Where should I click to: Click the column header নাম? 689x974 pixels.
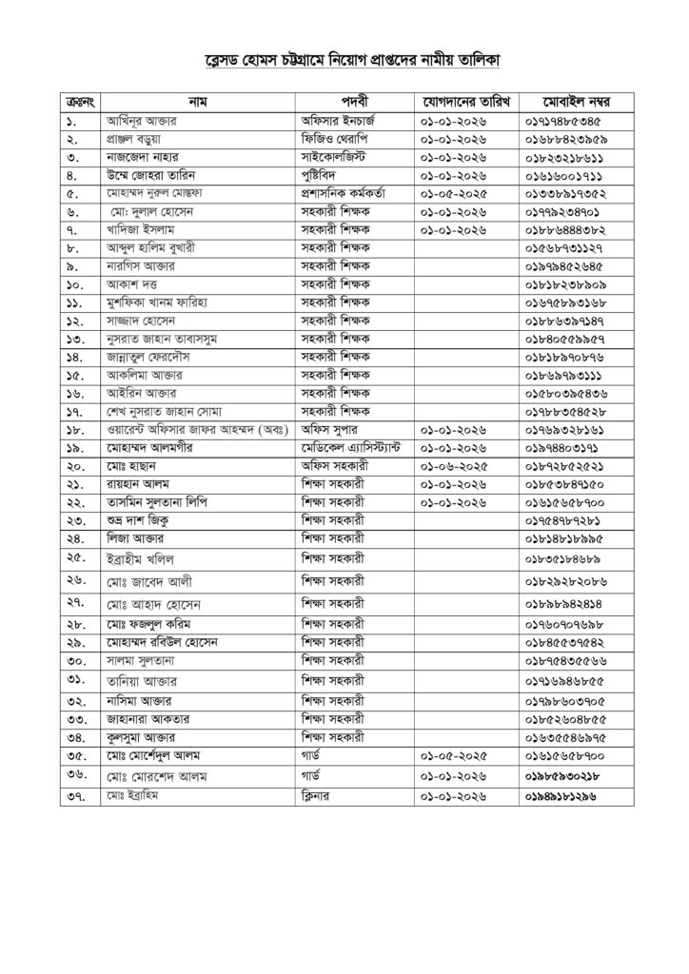tap(198, 100)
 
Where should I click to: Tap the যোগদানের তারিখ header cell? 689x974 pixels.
tap(463, 100)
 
